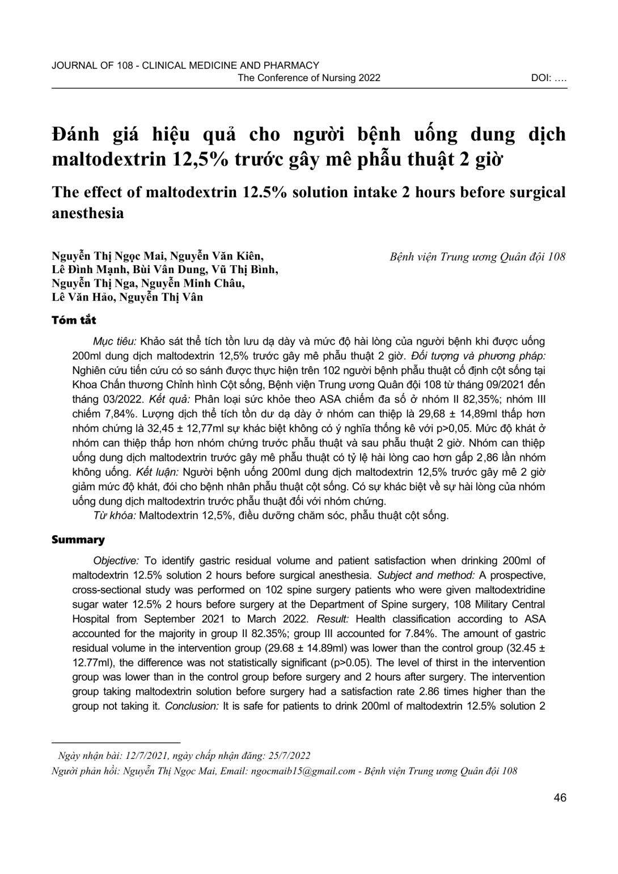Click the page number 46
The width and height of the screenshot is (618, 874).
(560, 798)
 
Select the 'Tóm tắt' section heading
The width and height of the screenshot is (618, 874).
(74, 320)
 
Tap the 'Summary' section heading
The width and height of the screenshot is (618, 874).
(78, 540)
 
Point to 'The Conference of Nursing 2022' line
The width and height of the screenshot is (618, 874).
(309, 78)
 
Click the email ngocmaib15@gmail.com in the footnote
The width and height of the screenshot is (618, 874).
(312, 771)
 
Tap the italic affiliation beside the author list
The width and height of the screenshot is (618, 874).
(477, 257)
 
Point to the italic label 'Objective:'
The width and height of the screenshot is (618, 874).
(116, 561)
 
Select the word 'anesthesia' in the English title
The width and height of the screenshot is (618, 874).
(88, 213)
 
